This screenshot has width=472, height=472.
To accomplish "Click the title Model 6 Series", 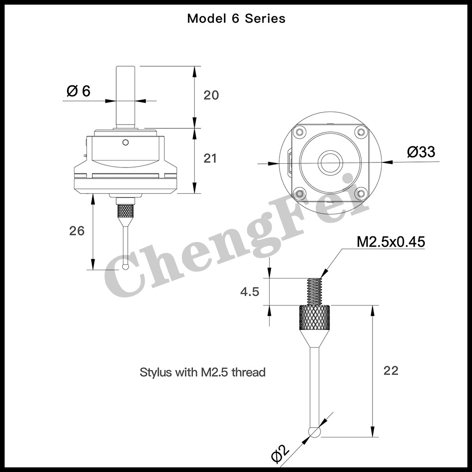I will pyautogui.click(x=236, y=19).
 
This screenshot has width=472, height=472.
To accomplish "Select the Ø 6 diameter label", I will pyautogui.click(x=78, y=91).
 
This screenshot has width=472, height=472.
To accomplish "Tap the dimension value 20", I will pyautogui.click(x=211, y=95).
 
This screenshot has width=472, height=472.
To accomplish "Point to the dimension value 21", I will pyautogui.click(x=210, y=158).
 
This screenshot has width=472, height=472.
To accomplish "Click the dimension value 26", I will pyautogui.click(x=77, y=230).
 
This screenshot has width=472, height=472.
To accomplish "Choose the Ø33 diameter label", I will pyautogui.click(x=421, y=152).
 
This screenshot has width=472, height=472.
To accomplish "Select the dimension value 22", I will pyautogui.click(x=391, y=371).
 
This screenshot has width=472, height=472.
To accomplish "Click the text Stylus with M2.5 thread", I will pyautogui.click(x=203, y=372).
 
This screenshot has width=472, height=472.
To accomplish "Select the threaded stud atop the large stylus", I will pyautogui.click(x=315, y=291).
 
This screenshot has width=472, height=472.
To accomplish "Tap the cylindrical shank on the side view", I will pyautogui.click(x=125, y=97).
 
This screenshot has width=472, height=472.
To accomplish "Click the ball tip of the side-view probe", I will pyautogui.click(x=126, y=267).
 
